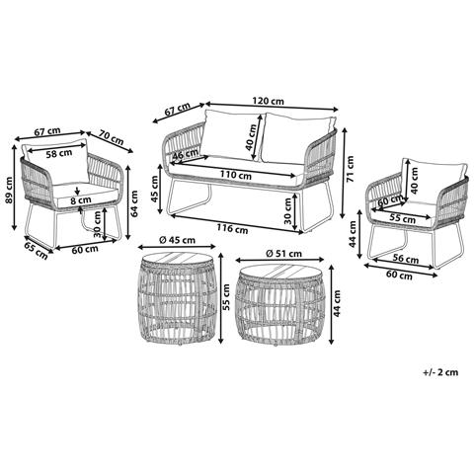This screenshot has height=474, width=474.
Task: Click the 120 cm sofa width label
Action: (268, 101)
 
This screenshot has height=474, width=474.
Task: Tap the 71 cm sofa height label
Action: (350, 169)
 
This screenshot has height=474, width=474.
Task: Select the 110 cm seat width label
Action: (235, 175)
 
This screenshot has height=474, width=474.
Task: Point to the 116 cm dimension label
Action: (232, 228)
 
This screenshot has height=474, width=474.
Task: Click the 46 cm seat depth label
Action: (186, 154)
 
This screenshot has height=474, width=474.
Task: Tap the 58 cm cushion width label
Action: (59, 153)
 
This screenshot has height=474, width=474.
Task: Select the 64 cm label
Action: (134, 203)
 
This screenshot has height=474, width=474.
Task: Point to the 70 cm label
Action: (112, 138)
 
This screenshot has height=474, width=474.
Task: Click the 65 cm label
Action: (36, 250)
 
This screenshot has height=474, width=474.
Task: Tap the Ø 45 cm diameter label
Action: (177, 240)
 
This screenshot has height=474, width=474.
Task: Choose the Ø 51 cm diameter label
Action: (283, 254)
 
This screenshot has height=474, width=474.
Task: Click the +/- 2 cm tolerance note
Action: (440, 372)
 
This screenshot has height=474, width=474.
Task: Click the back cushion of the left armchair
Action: (56, 161)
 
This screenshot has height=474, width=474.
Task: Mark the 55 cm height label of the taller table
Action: (226, 297)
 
